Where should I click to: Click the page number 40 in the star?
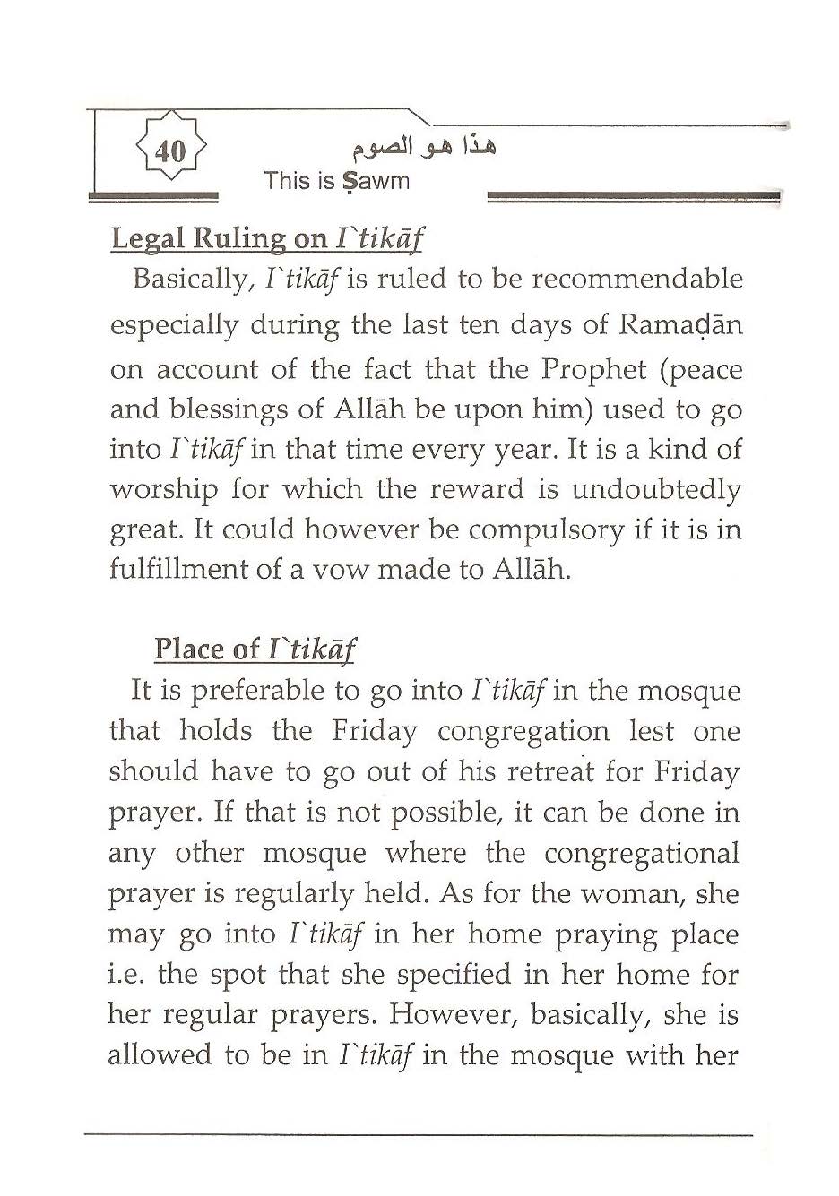(x=170, y=151)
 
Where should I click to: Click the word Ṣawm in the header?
(x=374, y=181)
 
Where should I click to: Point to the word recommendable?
(x=637, y=280)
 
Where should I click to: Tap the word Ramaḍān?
(x=680, y=324)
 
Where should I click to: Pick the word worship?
(x=163, y=490)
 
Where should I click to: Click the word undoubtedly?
(x=656, y=489)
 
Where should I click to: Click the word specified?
(x=443, y=975)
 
